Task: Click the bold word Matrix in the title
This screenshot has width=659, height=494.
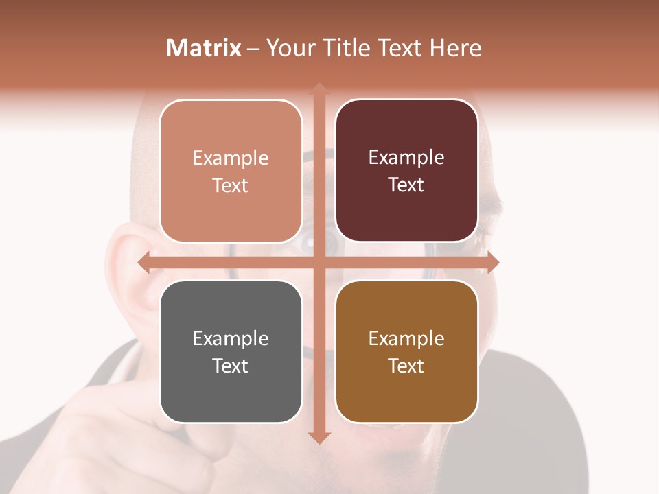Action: pos(204,48)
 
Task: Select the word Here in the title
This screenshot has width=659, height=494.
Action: pos(455,48)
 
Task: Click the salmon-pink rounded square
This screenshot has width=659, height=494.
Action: pos(231,171)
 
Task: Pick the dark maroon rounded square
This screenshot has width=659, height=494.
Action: pos(406,171)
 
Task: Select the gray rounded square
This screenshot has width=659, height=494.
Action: pos(231,352)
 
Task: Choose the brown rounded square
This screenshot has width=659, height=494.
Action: pos(406,352)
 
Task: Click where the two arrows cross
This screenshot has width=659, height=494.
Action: pos(319,262)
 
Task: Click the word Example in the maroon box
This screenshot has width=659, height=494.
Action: pos(406,157)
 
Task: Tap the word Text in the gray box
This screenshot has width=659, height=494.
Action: pos(231,366)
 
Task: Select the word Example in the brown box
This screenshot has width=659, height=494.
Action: pos(406,338)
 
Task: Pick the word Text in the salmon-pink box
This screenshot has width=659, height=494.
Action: pos(231,185)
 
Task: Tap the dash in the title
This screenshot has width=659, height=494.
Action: pos(253,49)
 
